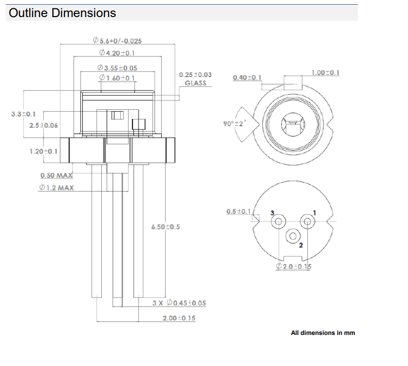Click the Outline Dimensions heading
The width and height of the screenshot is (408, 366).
[62, 13]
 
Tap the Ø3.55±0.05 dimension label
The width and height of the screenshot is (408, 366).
[117, 68]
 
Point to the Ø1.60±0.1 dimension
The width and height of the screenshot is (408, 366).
[117, 78]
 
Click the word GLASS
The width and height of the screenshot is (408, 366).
[195, 83]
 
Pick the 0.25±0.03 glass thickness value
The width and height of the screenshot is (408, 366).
[195, 75]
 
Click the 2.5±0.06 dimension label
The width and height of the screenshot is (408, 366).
[43, 126]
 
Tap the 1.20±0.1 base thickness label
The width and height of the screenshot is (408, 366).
[43, 151]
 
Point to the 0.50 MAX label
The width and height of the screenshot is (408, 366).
[56, 175]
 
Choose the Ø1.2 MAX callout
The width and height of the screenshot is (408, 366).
[56, 187]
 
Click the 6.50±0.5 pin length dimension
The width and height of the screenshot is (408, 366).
[165, 227]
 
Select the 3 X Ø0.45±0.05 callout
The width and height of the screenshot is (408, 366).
[179, 303]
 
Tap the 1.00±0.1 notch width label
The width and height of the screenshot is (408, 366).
[325, 72]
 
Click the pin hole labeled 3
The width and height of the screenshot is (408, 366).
[279, 222]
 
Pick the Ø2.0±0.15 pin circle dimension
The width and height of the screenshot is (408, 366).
[294, 266]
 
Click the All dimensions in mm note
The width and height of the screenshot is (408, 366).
[323, 333]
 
